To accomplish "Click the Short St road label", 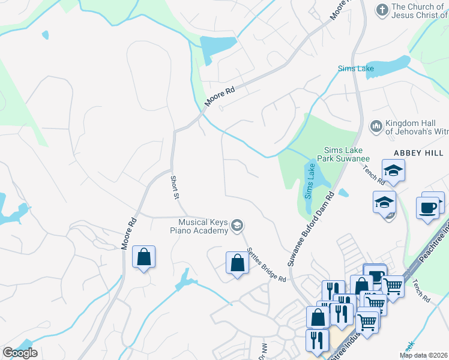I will [175, 188].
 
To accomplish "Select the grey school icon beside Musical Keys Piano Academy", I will [237, 225].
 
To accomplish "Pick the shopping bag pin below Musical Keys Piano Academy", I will [237, 262].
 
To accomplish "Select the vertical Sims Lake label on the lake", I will [309, 184].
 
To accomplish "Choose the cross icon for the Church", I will [381, 10].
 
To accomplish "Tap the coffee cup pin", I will [427, 208].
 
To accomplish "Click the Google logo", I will [20, 353].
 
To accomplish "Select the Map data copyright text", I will [424, 355].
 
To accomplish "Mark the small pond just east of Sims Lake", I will [343, 193].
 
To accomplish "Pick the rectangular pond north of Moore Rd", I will [217, 46].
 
